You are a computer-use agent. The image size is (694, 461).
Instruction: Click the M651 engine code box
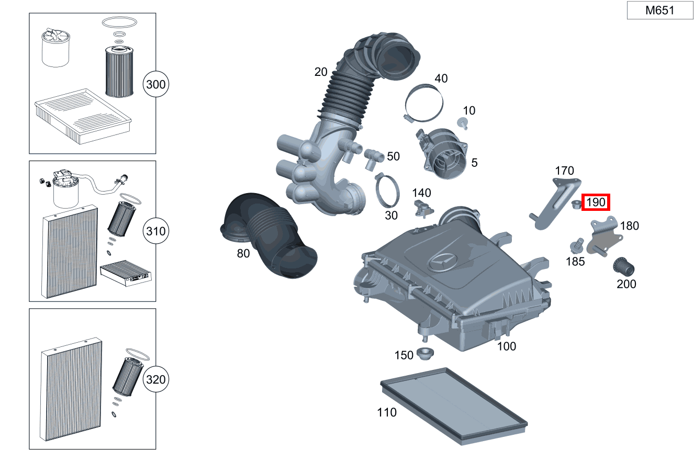[659, 10]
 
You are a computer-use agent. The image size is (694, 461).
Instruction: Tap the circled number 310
[156, 231]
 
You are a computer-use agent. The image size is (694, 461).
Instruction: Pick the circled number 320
[156, 379]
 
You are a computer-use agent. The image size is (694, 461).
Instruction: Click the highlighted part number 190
[596, 202]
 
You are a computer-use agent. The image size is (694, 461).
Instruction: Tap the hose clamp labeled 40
[424, 101]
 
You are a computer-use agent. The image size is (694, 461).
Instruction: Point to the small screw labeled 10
[463, 123]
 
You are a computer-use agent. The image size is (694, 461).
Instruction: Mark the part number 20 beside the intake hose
[321, 72]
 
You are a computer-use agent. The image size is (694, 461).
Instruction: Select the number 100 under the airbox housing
[506, 346]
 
